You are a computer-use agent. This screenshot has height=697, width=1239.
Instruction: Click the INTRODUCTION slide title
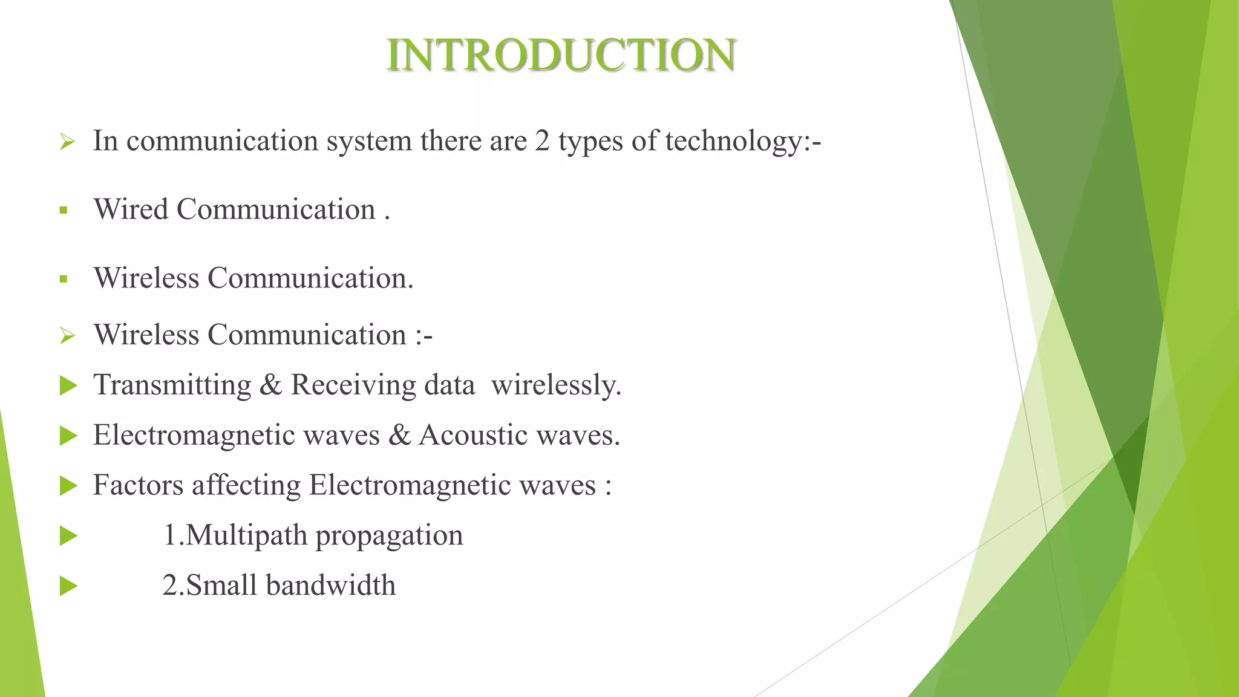561,55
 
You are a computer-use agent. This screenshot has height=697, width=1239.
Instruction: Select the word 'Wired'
131,210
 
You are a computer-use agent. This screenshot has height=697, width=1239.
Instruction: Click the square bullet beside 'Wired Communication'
64,211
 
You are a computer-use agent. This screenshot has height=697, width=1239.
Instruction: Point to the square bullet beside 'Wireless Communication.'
64,280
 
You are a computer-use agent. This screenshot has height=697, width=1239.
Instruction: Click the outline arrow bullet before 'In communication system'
67,143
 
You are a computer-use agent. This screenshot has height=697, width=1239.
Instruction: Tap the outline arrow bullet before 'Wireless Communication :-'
67,336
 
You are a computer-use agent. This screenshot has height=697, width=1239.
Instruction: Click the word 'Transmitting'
172,385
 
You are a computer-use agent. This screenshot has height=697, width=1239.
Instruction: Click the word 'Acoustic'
473,436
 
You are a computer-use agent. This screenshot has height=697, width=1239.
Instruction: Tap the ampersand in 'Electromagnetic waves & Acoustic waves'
399,436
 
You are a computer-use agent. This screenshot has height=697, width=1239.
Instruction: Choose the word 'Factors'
138,485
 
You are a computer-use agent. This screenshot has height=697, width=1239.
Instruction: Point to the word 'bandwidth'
330,586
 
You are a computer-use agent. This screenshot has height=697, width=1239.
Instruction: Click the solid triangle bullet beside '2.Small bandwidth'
68,586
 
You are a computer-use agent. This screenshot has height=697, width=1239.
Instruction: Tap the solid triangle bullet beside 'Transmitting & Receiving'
68,385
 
